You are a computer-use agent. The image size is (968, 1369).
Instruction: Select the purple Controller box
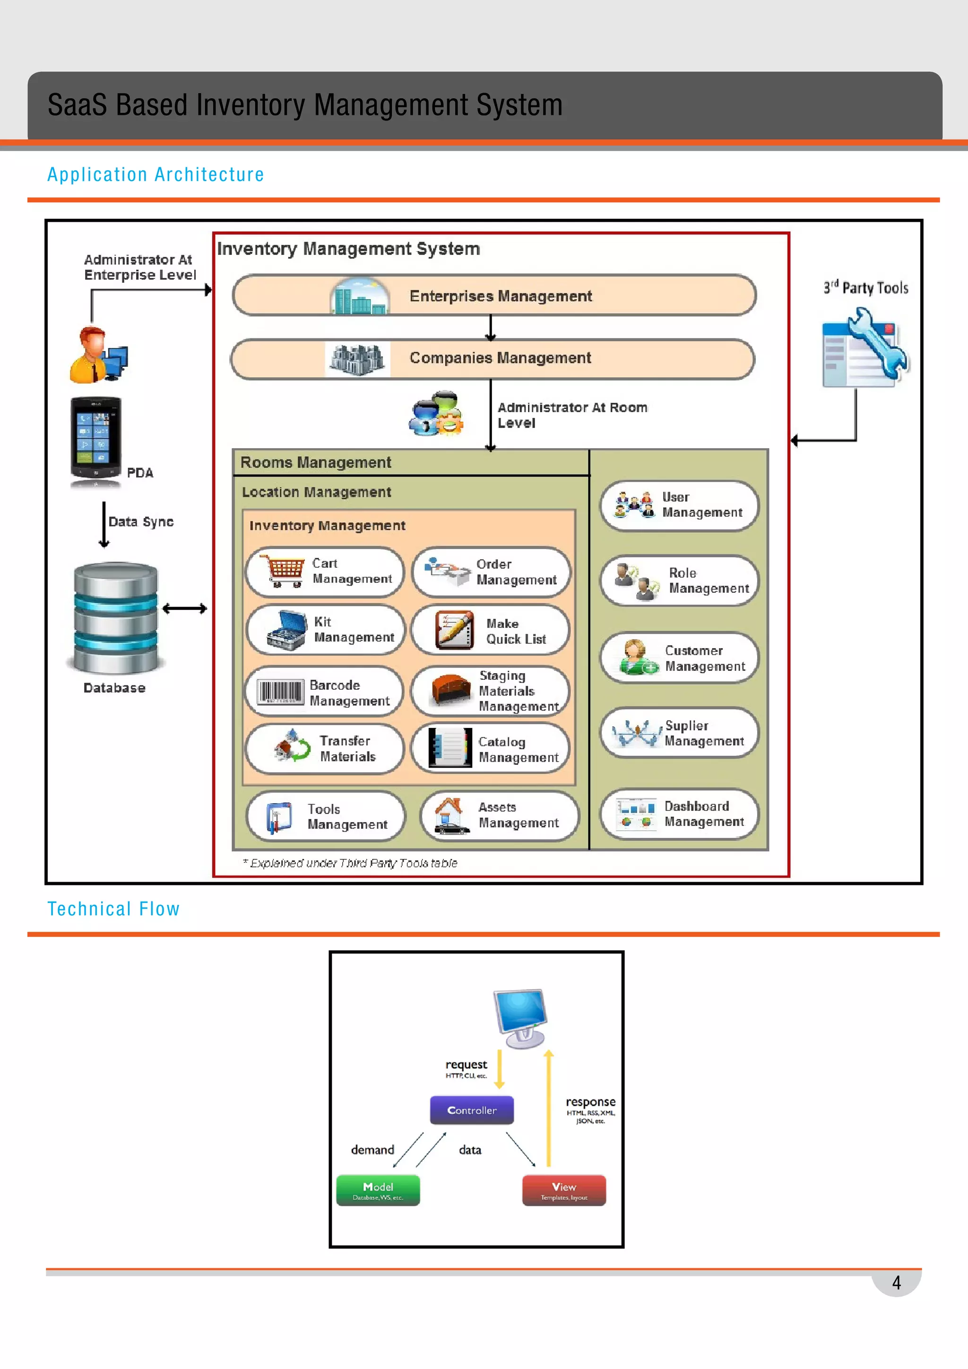coord(472,1109)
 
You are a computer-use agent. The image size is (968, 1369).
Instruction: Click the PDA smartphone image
coord(95,439)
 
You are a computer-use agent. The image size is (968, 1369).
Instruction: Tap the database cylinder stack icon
coord(116,618)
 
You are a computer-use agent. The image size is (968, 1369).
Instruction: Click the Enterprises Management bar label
coord(500,296)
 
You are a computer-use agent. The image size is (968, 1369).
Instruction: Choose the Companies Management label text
coord(500,358)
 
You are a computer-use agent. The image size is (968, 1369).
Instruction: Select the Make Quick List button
coord(490,631)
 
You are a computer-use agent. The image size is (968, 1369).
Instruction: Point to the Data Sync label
coord(141,522)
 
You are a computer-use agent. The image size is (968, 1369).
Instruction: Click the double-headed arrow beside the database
coord(184,608)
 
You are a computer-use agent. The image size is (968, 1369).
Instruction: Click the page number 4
coord(896,1282)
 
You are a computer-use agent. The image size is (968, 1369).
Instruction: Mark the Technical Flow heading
coord(113,909)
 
